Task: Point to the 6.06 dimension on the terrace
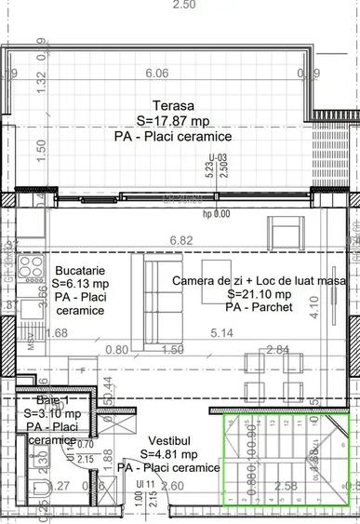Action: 157,74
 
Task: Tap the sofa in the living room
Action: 152,299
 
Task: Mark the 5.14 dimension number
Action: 220,332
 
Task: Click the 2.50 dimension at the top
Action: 184,5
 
